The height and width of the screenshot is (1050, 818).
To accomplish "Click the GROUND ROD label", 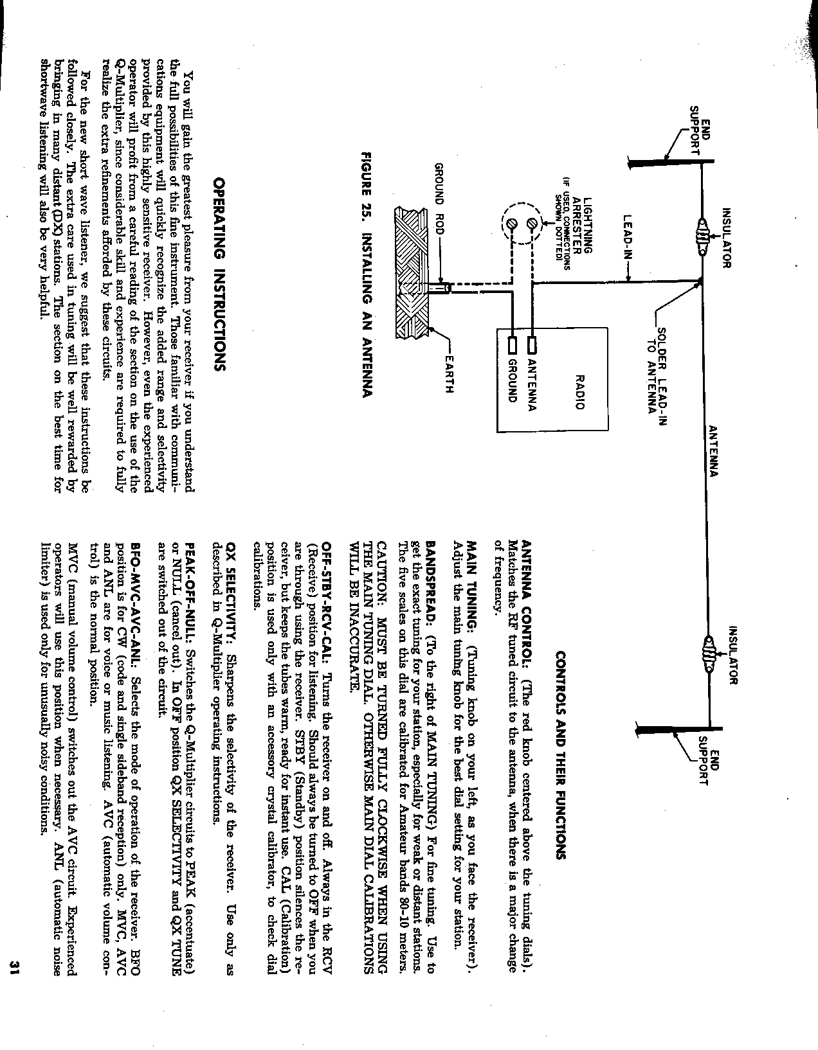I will pos(440,191).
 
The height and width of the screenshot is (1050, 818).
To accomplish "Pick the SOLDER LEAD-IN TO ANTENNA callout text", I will pos(656,373).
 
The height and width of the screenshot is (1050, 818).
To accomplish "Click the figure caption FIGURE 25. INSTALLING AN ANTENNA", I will pos(368,274).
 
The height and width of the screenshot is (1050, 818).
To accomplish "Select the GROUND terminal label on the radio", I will pos(514,380).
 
